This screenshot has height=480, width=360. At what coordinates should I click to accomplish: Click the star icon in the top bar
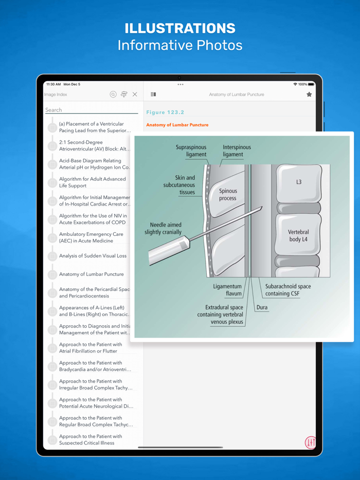[x=309, y=94]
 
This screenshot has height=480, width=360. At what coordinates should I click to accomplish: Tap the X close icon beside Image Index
[x=135, y=94]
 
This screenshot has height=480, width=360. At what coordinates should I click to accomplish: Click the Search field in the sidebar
[x=92, y=110]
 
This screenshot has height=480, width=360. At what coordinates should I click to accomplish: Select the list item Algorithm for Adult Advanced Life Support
[x=92, y=182]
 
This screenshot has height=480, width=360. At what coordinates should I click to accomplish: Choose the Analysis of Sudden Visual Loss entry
[x=93, y=255]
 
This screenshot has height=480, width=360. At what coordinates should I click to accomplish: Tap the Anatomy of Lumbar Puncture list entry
[x=92, y=274]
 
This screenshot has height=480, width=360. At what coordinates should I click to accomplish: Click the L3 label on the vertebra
[x=299, y=182]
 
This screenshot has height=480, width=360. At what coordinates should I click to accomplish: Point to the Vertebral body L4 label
[x=298, y=236]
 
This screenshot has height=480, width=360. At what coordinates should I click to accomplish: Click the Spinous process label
[x=228, y=194]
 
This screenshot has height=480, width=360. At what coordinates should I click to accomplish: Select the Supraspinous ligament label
[x=191, y=151]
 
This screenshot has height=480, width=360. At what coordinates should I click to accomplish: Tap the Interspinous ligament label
[x=237, y=151]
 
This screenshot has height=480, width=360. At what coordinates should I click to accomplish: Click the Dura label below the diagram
[x=262, y=307]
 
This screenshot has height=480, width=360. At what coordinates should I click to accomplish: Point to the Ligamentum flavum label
[x=227, y=290]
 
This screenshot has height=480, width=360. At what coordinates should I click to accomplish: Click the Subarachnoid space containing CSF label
[x=288, y=290]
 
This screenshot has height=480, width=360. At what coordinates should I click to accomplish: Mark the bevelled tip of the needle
[x=262, y=208]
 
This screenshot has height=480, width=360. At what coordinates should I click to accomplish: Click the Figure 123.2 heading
[x=165, y=113]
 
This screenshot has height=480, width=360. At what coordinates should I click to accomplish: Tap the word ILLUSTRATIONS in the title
[x=180, y=28]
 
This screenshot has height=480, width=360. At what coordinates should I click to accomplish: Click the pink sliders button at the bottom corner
[x=310, y=442]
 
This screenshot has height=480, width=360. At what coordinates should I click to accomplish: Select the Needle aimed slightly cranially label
[x=163, y=228]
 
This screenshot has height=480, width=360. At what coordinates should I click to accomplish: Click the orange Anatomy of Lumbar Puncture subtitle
[x=177, y=125]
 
